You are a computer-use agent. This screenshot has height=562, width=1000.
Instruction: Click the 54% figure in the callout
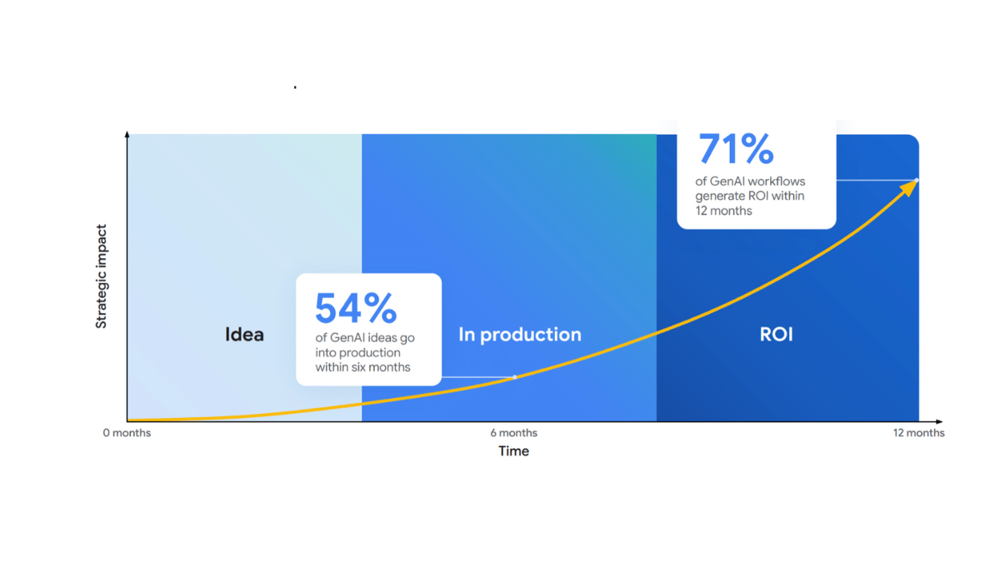356,308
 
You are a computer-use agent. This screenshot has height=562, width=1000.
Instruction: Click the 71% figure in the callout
736,149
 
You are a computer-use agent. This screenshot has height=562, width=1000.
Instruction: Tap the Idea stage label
244,335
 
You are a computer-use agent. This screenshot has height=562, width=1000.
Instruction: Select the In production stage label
520,335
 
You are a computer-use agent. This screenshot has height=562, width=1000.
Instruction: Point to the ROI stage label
776,335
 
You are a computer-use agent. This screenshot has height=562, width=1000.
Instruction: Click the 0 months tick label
127,433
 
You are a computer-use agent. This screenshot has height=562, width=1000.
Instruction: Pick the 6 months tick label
514,433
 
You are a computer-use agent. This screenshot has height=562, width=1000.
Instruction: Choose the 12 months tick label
919,433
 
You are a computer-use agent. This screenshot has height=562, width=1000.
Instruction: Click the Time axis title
513,451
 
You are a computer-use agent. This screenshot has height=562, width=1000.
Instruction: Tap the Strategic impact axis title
101,276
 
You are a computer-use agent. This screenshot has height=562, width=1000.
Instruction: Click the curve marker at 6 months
514,377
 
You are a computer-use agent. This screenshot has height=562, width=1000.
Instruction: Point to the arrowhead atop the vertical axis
127,133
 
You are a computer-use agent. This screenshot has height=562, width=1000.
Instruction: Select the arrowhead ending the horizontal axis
939,422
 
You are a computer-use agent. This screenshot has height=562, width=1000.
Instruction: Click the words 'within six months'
362,367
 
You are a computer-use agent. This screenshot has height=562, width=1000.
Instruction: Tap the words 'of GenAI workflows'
751,181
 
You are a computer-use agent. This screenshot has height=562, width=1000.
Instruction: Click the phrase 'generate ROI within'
750,196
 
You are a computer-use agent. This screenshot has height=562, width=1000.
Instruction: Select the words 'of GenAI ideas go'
364,338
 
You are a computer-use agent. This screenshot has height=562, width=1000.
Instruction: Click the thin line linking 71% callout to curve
875,180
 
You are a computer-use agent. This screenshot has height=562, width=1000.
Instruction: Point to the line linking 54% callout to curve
477,377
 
